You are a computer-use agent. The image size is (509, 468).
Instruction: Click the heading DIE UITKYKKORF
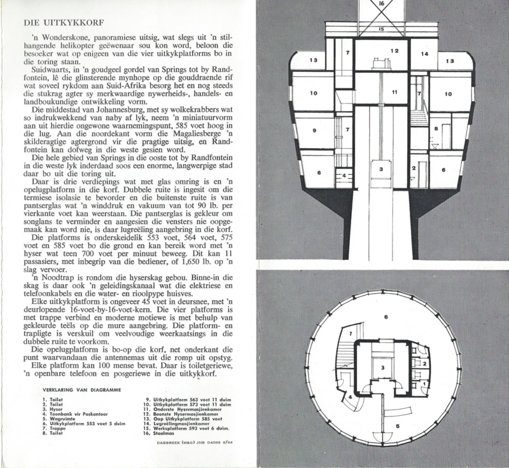click(x=64, y=22)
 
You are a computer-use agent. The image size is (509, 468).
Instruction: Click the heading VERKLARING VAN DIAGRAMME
click(x=81, y=390)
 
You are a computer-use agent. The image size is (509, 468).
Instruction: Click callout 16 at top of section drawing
click(x=382, y=4)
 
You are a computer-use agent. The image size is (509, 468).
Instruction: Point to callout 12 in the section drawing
click(x=394, y=51)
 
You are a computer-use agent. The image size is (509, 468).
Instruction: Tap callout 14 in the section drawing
click(x=424, y=54)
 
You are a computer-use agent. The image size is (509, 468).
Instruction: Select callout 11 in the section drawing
click(x=394, y=92)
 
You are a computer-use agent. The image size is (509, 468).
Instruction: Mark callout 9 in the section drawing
click(x=314, y=130)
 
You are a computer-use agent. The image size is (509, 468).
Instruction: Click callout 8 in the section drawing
click(x=436, y=128)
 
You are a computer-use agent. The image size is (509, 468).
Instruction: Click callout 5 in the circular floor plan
click(x=397, y=426)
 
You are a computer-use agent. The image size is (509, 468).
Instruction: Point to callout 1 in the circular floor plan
click(x=424, y=383)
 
